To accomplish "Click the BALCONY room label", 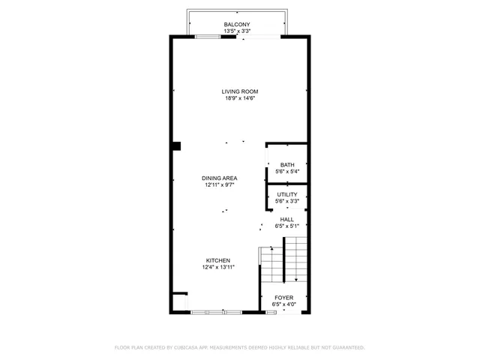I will (237, 25).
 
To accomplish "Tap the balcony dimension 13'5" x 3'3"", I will (237, 31).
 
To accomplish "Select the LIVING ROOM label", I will (240, 91).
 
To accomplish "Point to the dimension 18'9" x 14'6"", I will (240, 98).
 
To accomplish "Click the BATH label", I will (287, 165).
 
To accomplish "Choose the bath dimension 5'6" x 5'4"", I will (287, 172).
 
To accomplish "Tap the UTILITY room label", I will (287, 194).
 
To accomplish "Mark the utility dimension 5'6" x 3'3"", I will (287, 201).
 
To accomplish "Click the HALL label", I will (287, 219).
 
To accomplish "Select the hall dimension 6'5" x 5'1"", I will (287, 226).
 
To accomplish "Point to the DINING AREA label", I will (220, 178).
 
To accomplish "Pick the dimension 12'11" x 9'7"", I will (220, 184).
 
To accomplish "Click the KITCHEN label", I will (218, 260).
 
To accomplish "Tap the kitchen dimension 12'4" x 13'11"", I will (218, 267).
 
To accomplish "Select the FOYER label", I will (283, 298).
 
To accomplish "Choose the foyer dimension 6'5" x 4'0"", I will (283, 304).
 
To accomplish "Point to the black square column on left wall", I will (176, 145).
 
